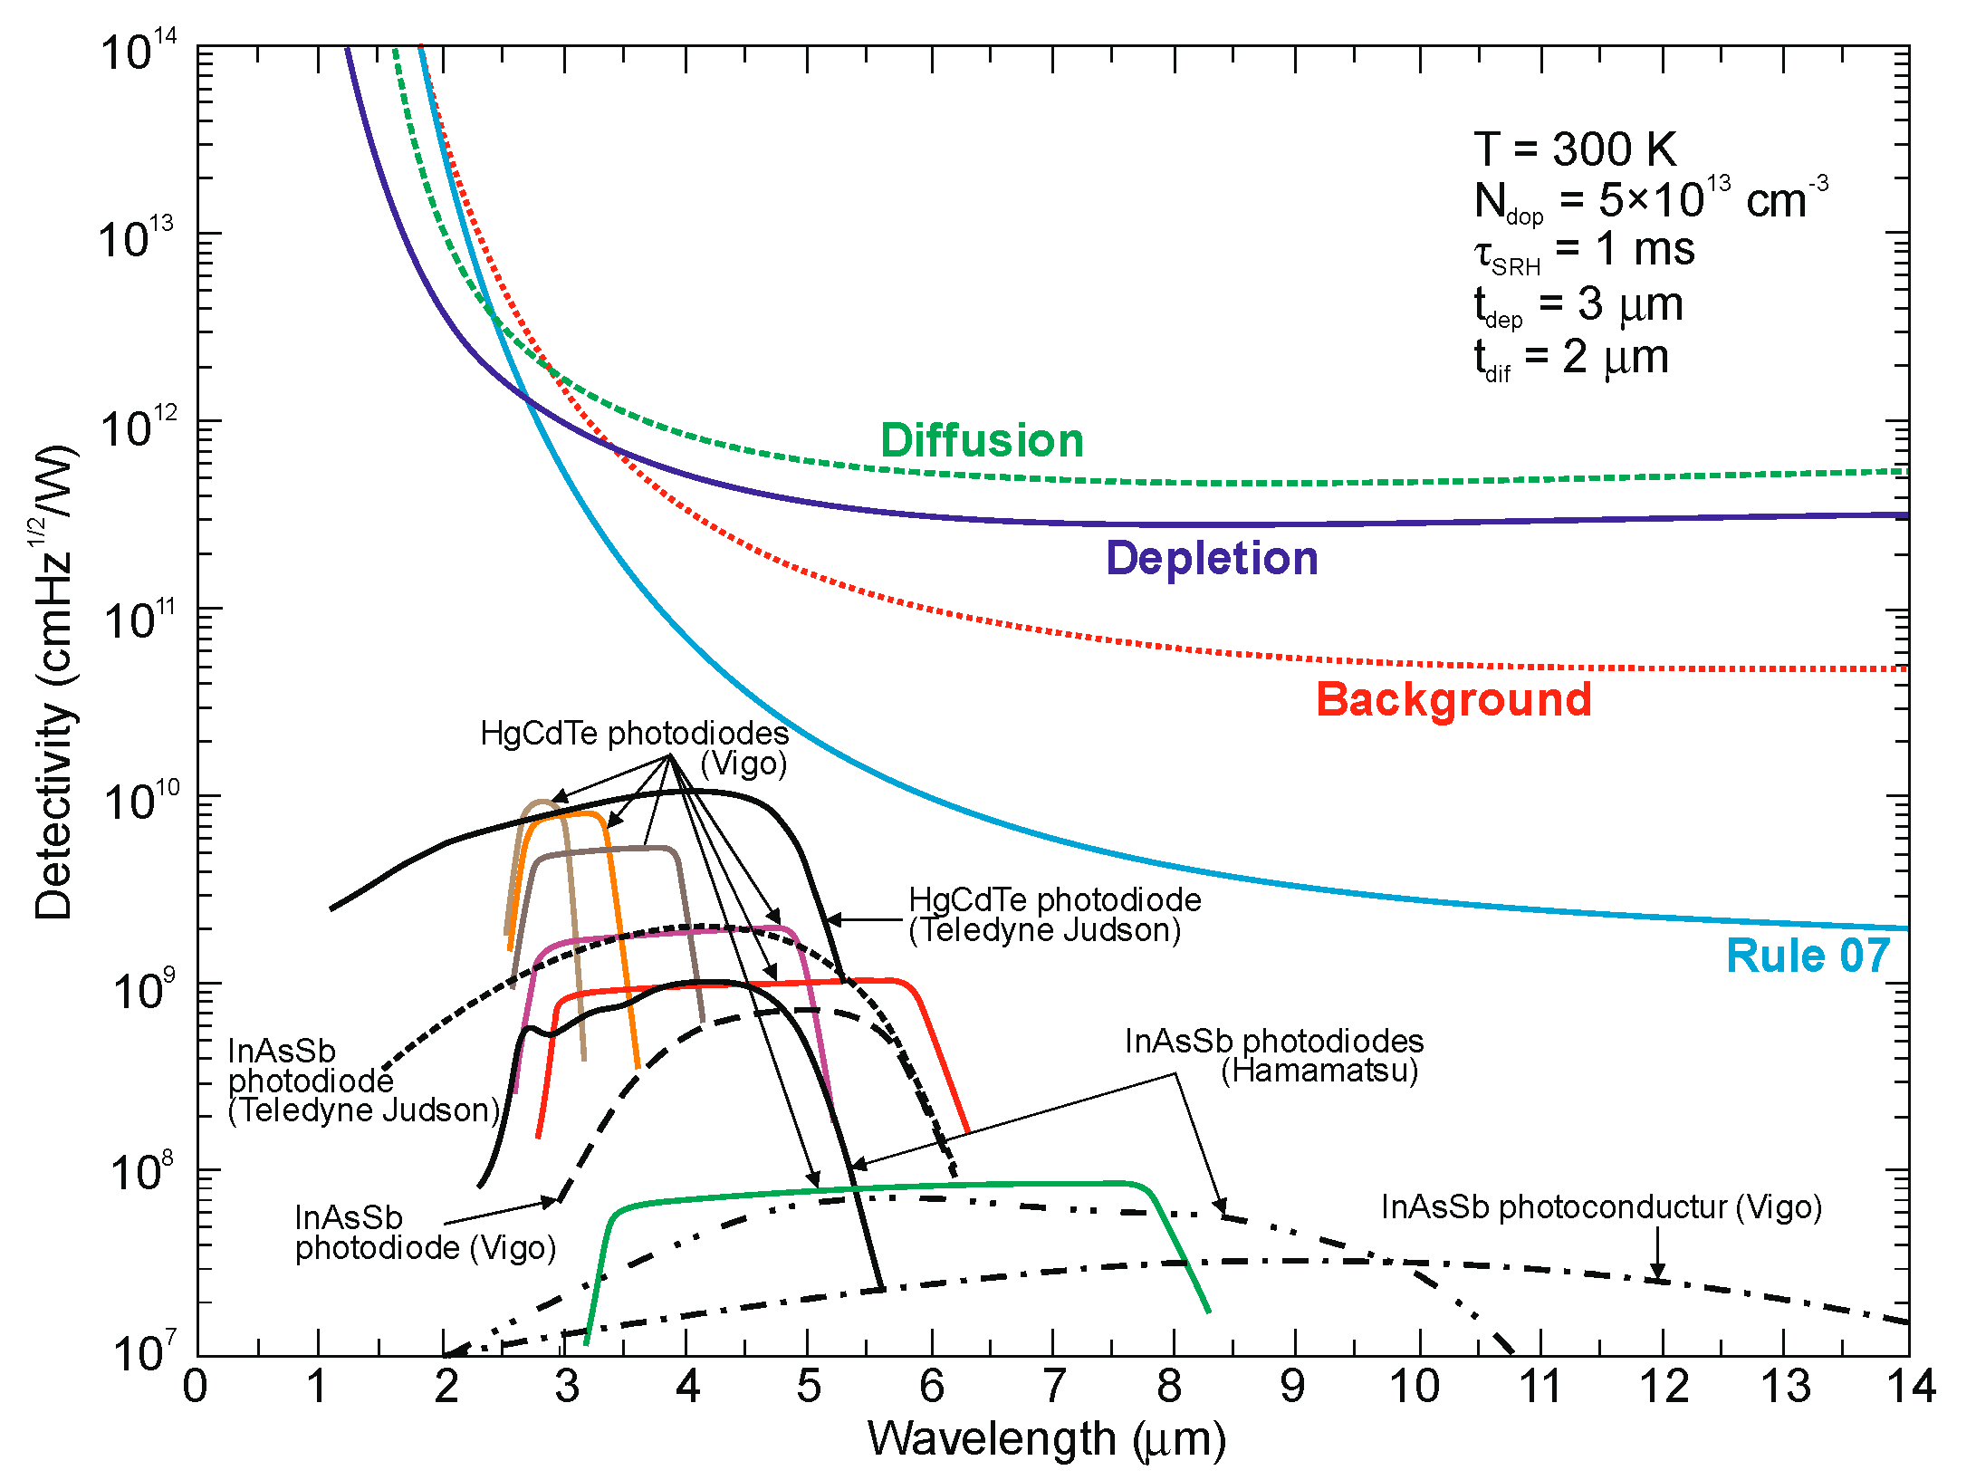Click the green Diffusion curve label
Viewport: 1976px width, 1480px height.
pos(982,441)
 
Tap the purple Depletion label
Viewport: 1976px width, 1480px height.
pos(1212,558)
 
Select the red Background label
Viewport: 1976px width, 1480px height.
pos(1453,699)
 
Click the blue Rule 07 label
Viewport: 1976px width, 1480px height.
pos(1808,956)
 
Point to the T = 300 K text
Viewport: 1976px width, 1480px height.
pos(1575,149)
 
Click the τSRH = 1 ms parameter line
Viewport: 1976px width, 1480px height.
pos(1584,250)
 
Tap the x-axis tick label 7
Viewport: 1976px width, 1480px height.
pos(1053,1387)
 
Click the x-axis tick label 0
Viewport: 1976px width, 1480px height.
pos(196,1387)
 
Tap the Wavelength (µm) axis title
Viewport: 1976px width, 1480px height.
pos(1047,1439)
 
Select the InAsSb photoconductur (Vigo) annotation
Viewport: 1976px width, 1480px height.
pos(1601,1207)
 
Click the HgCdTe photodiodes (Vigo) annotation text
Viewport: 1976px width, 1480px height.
pos(634,747)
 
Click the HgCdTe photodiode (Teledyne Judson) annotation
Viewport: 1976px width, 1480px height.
pos(1054,915)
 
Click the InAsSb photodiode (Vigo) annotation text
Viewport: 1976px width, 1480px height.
pos(425,1233)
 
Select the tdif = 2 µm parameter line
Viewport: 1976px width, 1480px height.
pos(1571,358)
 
